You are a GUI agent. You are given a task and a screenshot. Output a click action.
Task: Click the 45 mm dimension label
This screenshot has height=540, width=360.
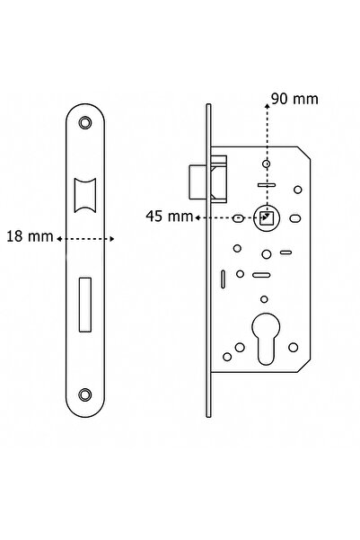click(167, 216)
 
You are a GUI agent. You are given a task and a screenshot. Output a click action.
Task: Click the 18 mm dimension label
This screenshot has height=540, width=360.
click(28, 238)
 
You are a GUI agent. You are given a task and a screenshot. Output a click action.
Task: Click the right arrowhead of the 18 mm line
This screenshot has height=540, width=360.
click(114, 239)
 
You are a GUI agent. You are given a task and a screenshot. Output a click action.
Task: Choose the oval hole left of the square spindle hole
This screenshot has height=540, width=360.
click(237, 218)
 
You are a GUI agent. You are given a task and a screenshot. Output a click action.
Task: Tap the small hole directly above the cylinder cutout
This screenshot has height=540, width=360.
click(264, 300)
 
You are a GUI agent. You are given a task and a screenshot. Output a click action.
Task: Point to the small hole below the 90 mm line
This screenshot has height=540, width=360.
click(265, 164)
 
